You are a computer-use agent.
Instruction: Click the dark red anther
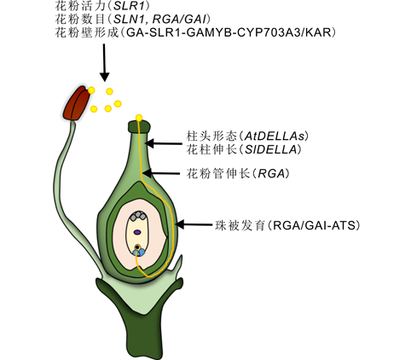coord(77,103)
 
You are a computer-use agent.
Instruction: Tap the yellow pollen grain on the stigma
coord(139,118)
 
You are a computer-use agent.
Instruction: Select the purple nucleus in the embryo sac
coord(137,232)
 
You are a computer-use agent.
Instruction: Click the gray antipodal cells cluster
coord(138,216)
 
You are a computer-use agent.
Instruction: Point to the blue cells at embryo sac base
coord(138,253)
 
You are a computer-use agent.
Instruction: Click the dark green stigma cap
coord(139,126)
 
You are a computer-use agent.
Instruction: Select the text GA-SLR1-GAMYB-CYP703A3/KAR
coord(229,32)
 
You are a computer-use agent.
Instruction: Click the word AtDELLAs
coord(275,136)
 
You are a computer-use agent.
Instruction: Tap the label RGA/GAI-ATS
coord(314,225)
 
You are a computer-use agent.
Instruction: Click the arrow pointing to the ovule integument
coord(194,224)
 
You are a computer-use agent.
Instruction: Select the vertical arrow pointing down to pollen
coord(104,62)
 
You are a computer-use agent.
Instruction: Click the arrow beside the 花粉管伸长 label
coord(161,173)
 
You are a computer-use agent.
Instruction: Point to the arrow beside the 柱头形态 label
coord(164,143)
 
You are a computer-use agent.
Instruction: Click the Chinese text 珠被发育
coord(240,225)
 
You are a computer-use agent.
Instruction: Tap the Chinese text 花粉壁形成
coord(87,32)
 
